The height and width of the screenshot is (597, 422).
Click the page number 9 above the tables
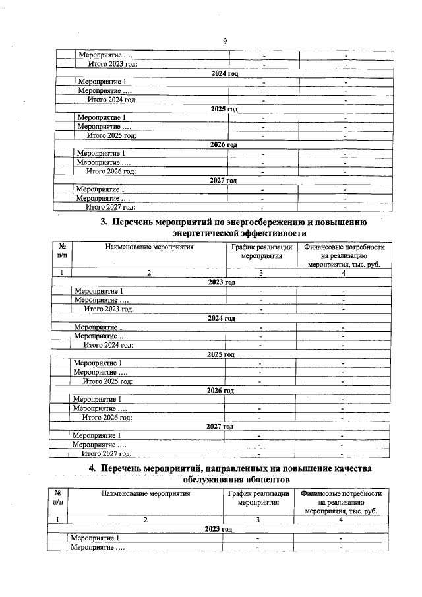click(x=225, y=42)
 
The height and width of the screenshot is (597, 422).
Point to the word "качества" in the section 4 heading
click(x=345, y=468)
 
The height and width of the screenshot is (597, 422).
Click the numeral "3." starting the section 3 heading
click(x=104, y=222)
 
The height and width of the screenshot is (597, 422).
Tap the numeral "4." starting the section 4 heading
click(x=93, y=468)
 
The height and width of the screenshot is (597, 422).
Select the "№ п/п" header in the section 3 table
click(x=61, y=253)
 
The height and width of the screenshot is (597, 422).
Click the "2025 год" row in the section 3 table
click(x=221, y=354)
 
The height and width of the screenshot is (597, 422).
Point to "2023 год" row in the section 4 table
click(x=218, y=529)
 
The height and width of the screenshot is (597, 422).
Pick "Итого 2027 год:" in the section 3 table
click(x=105, y=453)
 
